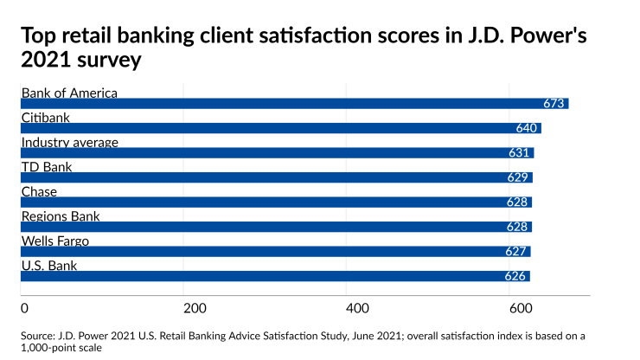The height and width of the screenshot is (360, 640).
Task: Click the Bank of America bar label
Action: tap(68, 93)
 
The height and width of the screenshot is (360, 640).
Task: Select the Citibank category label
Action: tap(45, 118)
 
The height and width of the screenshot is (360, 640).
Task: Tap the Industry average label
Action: tap(69, 142)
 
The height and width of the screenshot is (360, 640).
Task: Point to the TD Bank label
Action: tap(46, 167)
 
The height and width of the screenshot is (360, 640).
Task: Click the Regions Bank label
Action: tap(61, 216)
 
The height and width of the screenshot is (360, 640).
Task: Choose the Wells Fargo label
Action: tap(54, 241)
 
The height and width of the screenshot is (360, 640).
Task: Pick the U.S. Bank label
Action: tap(48, 266)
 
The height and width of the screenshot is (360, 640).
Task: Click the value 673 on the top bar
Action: tap(554, 104)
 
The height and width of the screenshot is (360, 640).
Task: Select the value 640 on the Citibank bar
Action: tap(528, 128)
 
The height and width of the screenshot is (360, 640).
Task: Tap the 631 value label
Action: tap(521, 153)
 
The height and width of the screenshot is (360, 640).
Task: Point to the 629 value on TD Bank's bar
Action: tap(519, 177)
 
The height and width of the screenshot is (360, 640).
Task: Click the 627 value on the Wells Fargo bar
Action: tap(517, 252)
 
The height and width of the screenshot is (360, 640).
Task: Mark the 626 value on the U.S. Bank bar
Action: tap(516, 277)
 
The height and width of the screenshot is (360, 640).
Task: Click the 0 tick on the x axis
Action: tap(24, 309)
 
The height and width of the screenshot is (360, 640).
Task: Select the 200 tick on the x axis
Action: tap(194, 309)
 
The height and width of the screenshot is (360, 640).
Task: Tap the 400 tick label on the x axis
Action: tap(356, 309)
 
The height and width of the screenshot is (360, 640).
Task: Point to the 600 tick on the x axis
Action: tap(519, 309)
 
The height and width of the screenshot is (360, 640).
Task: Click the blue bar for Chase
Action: tap(259, 202)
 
